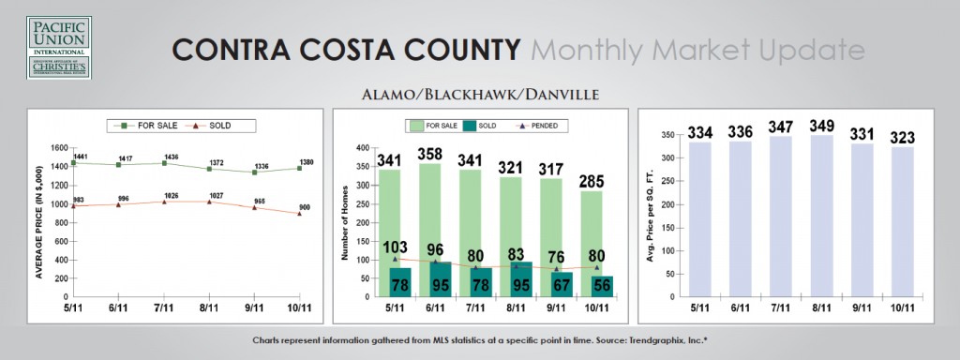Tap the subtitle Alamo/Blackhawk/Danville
click(x=479, y=95)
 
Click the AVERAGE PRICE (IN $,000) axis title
click(x=40, y=222)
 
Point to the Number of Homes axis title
click(x=348, y=222)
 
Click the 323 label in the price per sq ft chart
click(x=899, y=137)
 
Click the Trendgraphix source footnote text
click(x=479, y=338)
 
